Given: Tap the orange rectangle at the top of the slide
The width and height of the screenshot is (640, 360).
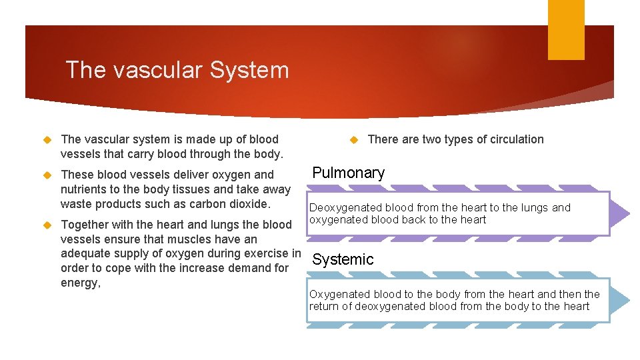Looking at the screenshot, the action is (x=566, y=29).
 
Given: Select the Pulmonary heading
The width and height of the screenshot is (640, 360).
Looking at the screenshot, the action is (x=349, y=173).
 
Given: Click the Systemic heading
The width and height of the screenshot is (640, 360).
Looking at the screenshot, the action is (x=343, y=259).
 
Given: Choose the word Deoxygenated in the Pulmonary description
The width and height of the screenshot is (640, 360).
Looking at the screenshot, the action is (x=341, y=208).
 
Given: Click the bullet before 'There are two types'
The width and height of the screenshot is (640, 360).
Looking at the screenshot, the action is (x=354, y=140).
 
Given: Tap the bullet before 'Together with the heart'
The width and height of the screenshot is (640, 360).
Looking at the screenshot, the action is (x=47, y=225).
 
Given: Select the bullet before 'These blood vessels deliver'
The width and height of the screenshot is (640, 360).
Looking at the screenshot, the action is (x=47, y=175).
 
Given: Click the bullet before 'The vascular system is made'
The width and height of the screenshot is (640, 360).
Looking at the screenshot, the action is (x=47, y=140).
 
